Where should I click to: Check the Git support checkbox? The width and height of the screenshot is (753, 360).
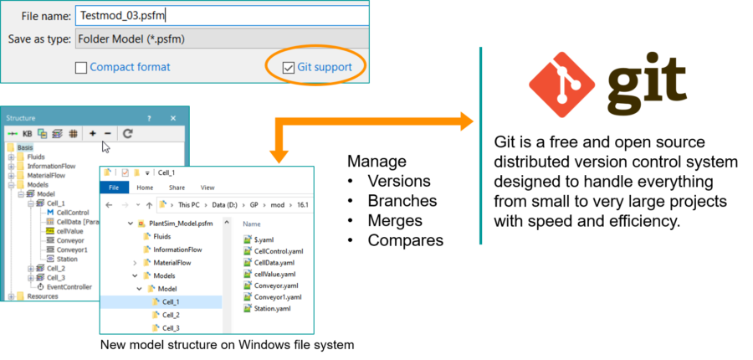point(289,67)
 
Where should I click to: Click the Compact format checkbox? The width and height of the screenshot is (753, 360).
point(81,67)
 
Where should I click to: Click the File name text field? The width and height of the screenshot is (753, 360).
point(222,15)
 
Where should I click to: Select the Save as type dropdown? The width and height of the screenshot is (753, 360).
point(222,39)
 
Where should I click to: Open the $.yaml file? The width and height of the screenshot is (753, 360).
point(264,239)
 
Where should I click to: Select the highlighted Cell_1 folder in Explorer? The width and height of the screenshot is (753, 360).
point(171,301)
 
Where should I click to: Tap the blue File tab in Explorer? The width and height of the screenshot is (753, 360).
point(114,188)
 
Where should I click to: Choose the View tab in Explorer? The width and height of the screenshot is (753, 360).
point(207,188)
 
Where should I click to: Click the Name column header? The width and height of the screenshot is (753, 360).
point(252,224)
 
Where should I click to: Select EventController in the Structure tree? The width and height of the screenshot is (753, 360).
point(69,286)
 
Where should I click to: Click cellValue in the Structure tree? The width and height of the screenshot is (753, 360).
point(70,231)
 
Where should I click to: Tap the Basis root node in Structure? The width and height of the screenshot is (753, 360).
point(24,147)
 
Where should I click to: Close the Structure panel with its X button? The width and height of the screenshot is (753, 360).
point(173,119)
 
